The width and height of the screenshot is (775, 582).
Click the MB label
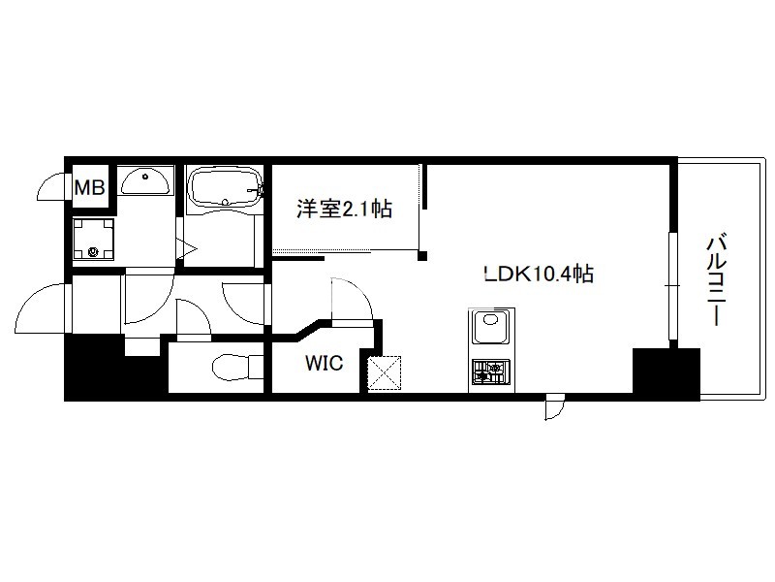click(89, 187)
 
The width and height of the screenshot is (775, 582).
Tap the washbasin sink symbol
click(145, 181)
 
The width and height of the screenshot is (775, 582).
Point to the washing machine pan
click(93, 239)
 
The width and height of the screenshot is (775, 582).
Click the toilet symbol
click(237, 368)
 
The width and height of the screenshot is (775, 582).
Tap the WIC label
click(324, 363)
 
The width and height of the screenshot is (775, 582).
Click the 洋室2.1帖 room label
click(344, 209)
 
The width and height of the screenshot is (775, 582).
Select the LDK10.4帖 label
click(539, 274)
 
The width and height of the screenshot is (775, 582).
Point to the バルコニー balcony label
click(716, 281)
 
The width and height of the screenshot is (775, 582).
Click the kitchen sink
click(490, 326)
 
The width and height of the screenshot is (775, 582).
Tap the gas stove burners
click(490, 372)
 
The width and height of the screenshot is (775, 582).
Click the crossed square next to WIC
click(384, 372)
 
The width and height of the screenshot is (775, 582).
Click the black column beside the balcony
click(666, 373)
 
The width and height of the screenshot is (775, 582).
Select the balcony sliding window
click(672, 285)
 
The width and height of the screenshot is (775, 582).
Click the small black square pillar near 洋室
click(422, 256)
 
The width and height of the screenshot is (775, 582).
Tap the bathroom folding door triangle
click(188, 248)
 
